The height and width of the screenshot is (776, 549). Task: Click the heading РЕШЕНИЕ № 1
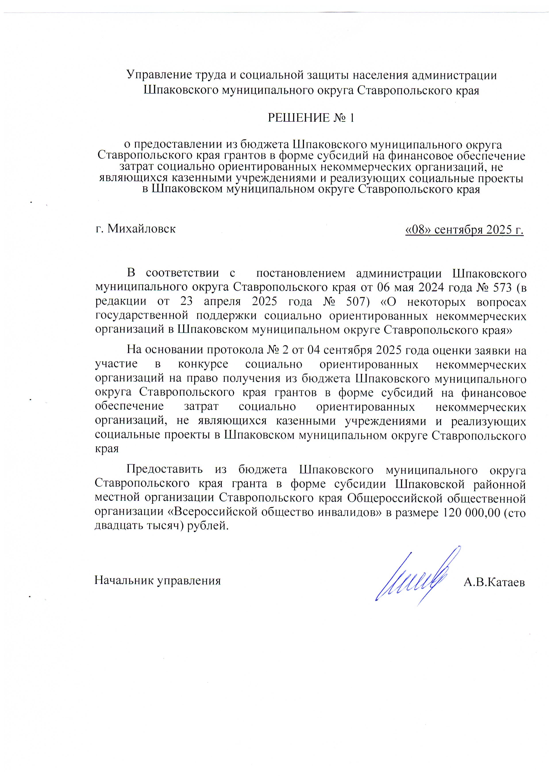pyautogui.click(x=311, y=118)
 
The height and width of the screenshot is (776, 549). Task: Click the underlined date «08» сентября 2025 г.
pyautogui.click(x=464, y=230)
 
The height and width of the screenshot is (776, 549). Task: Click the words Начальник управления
pyautogui.click(x=158, y=580)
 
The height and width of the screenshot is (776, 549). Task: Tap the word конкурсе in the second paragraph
pyautogui.click(x=203, y=364)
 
